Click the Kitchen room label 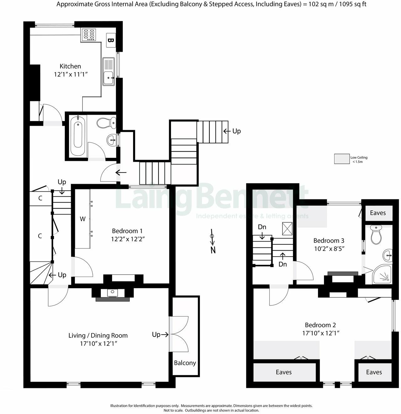(x=70, y=66)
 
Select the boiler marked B (x=110, y=40)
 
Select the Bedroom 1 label (x=125, y=231)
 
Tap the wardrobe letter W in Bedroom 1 (x=82, y=219)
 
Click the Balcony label (x=185, y=363)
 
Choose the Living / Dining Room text (x=98, y=336)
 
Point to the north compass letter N (x=213, y=250)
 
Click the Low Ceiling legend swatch (x=341, y=159)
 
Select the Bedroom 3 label (x=329, y=241)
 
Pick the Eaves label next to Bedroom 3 (x=378, y=213)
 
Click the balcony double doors (x=179, y=334)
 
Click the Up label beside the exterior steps (x=236, y=131)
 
